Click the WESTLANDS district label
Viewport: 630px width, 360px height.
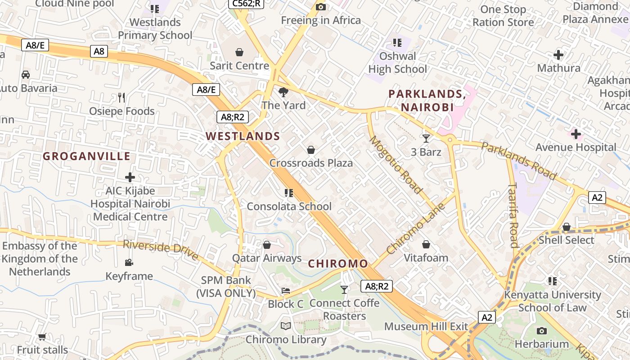click(243, 136)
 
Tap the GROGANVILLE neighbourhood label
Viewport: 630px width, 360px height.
click(86, 157)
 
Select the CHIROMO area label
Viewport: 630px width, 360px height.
click(338, 264)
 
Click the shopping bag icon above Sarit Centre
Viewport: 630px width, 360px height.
click(239, 52)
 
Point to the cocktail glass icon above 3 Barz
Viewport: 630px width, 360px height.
click(426, 138)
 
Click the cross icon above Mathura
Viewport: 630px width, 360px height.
click(558, 55)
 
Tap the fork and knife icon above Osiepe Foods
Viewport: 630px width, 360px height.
click(121, 97)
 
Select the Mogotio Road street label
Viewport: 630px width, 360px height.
click(396, 165)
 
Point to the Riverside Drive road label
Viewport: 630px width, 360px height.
click(161, 250)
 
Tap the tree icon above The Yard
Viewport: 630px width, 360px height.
click(283, 92)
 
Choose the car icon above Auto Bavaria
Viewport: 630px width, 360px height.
click(26, 74)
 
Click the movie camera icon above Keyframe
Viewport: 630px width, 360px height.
click(129, 262)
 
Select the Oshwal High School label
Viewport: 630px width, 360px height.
click(398, 63)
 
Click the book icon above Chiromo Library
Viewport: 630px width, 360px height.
click(286, 326)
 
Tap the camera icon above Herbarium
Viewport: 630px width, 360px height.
click(542, 331)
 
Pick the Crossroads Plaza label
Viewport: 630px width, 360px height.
click(311, 163)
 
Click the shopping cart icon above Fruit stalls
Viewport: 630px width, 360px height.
click(42, 337)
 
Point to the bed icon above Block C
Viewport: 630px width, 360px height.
click(286, 291)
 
